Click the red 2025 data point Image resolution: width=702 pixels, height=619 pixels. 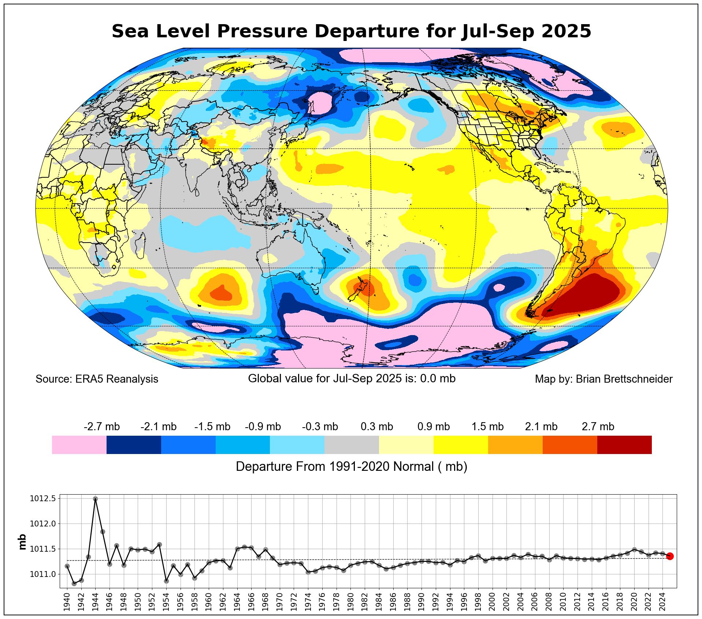pos(670,556)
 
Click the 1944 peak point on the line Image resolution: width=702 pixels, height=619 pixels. pos(95,499)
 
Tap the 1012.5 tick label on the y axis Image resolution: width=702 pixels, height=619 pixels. pos(43,499)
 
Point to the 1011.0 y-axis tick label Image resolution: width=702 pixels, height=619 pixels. pos(43,574)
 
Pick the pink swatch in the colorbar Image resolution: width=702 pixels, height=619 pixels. pos(79,444)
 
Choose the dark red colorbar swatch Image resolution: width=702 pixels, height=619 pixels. pos(624,444)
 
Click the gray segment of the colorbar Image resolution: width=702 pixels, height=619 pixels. pos(352,444)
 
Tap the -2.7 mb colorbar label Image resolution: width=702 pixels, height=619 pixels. pos(102,427)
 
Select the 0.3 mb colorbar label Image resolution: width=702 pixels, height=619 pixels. pos(377,427)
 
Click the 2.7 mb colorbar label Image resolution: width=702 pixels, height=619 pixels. pos(598,427)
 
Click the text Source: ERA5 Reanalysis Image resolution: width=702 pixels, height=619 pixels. pos(97,379)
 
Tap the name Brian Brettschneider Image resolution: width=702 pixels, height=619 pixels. pos(624,379)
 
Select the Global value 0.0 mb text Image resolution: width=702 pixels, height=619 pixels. pos(352,378)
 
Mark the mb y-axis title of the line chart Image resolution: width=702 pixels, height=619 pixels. pos(22,542)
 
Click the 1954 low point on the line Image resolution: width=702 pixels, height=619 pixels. pos(166,581)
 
